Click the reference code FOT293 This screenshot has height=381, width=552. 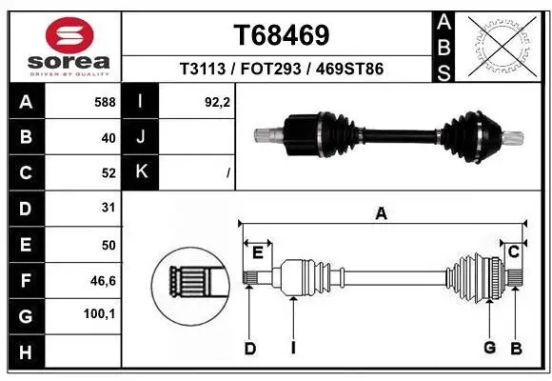(281, 69)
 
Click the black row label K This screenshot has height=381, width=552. (141, 172)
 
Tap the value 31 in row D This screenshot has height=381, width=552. (108, 208)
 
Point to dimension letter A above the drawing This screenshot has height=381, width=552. (381, 214)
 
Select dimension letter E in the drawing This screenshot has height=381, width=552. (257, 251)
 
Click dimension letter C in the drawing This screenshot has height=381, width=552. (513, 251)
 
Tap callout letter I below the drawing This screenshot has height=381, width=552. (293, 348)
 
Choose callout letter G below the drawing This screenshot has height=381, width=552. (489, 348)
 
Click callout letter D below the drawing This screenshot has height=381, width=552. (249, 349)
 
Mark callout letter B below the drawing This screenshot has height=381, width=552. (516, 349)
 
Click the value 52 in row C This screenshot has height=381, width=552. (108, 172)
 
